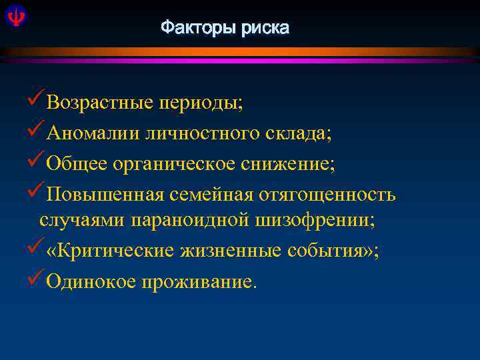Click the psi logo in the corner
click(x=13, y=15)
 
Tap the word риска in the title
click(x=266, y=29)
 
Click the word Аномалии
click(x=92, y=133)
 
